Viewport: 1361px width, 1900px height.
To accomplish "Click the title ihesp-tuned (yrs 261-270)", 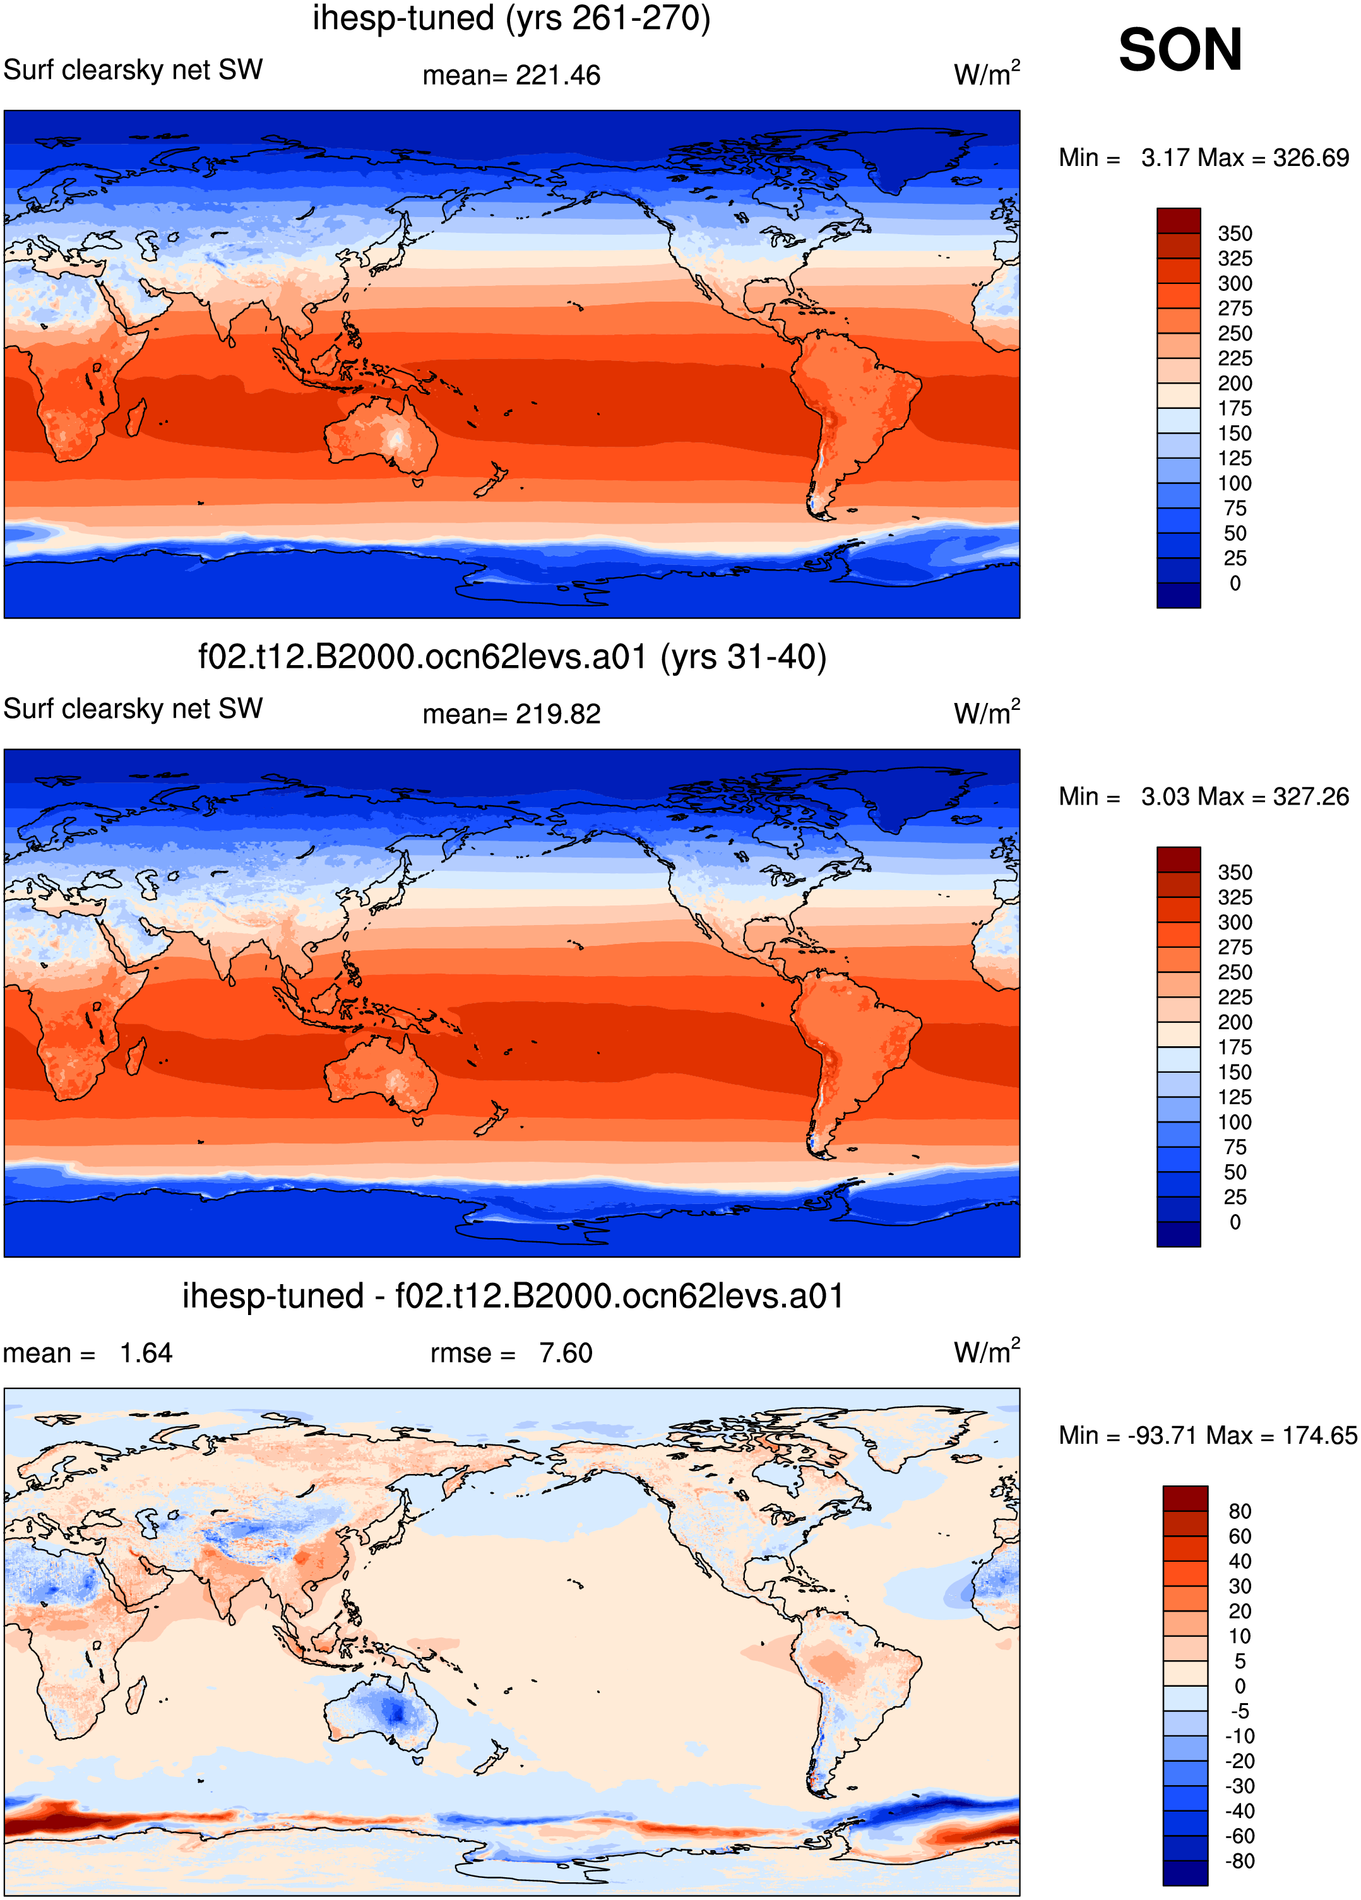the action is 511,18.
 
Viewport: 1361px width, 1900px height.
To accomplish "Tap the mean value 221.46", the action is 558,75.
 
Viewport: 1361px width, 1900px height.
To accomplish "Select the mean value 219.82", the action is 558,714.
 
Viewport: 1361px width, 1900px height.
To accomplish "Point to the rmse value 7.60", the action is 566,1353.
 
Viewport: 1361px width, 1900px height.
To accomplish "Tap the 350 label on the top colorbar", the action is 1235,233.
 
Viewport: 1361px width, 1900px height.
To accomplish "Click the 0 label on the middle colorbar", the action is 1235,1222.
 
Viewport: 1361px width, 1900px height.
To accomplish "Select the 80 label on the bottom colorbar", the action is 1240,1511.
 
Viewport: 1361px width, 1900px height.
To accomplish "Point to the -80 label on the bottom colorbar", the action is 1240,1861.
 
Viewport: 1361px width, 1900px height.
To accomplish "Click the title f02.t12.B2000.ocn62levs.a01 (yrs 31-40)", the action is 512,658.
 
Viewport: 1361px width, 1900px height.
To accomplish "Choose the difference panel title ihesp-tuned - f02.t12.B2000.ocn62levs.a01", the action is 512,1296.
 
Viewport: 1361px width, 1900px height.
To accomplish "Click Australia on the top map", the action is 381,435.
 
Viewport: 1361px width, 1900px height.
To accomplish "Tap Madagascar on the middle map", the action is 135,1056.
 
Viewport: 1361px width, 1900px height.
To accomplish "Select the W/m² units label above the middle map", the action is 987,712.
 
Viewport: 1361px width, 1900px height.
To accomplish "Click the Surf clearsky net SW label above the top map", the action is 133,69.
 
